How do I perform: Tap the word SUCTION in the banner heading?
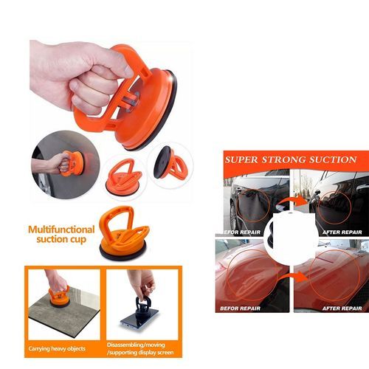coord(333,160)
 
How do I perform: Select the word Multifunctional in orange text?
coord(61,230)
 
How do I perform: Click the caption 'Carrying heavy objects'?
coord(57,348)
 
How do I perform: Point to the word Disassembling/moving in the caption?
coord(136,345)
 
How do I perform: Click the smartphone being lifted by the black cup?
coord(139,318)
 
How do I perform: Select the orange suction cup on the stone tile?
coord(59,297)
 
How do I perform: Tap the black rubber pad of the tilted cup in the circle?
coord(161,162)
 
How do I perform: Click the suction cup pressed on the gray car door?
coord(72,164)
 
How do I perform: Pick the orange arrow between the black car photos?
coord(294,202)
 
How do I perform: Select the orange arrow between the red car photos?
coord(294,278)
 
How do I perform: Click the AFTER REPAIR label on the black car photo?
coord(342,232)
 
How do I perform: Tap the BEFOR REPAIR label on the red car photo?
coord(240,308)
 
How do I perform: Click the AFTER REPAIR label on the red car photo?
coord(342,308)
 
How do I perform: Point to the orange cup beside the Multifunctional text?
coord(124,233)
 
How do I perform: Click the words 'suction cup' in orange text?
coord(61,239)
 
